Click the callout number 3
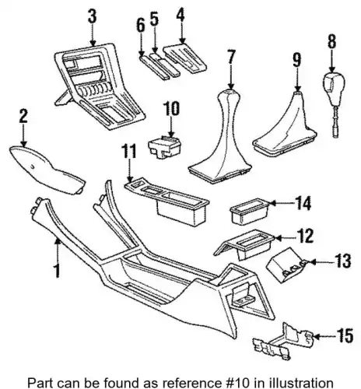93,16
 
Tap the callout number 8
332,41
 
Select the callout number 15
345,336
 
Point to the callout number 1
57,271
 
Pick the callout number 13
343,261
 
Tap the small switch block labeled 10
164,147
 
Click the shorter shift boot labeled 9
284,125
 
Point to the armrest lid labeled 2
47,169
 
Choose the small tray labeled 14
249,212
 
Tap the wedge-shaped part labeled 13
286,265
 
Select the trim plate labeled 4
185,59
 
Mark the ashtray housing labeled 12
244,244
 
